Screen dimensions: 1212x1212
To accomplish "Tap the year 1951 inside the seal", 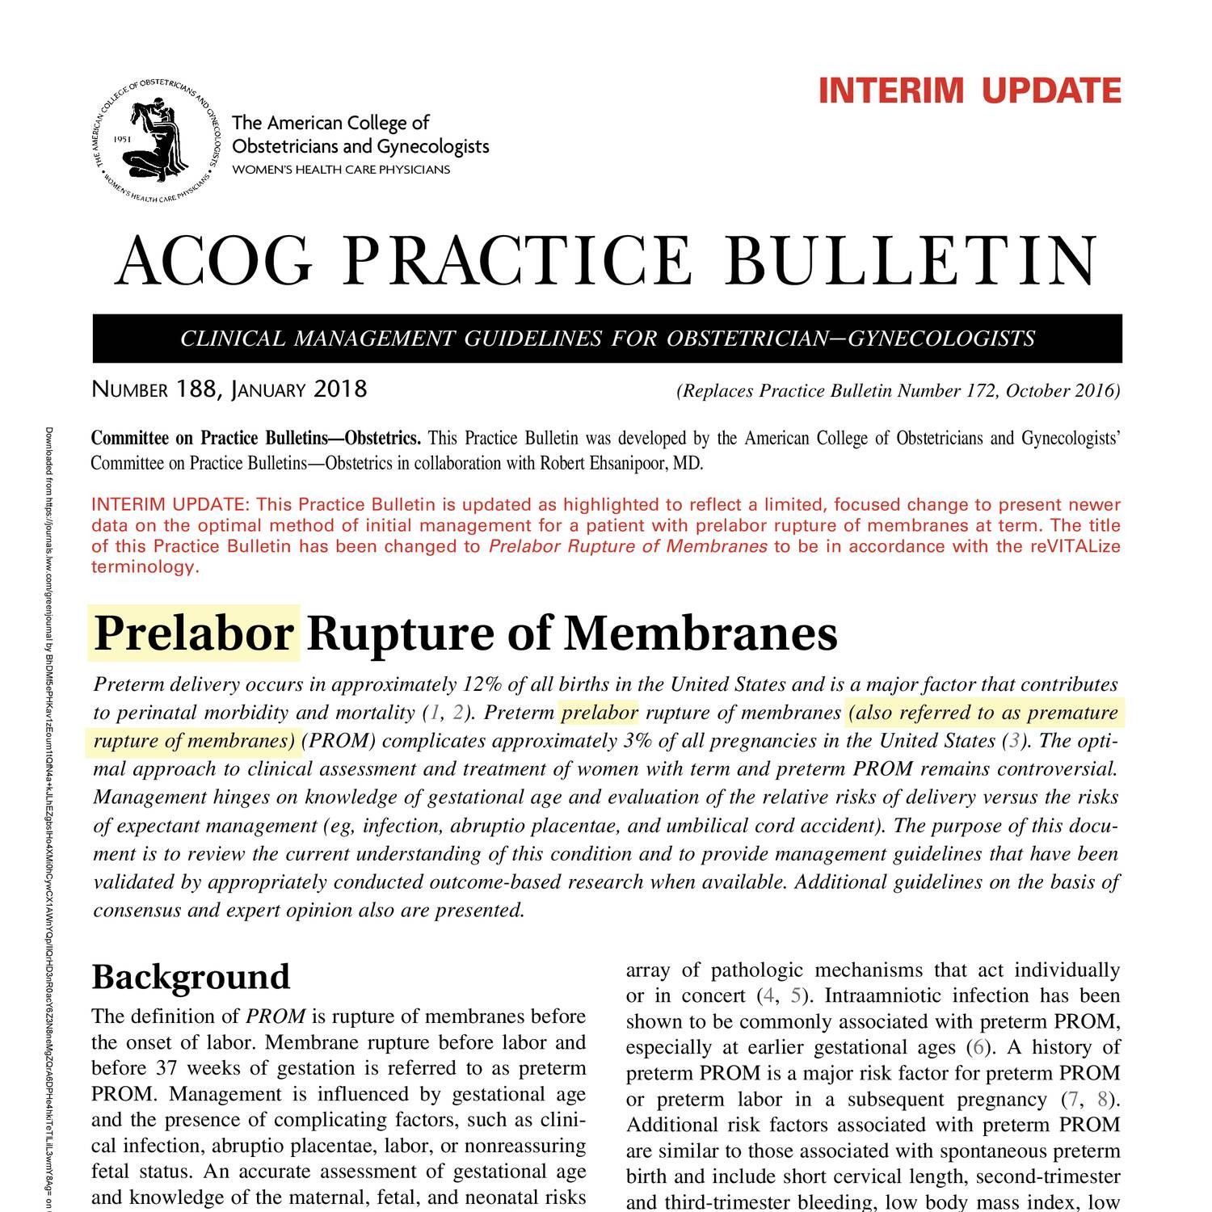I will [x=123, y=139].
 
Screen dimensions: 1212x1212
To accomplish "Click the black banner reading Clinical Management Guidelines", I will [x=608, y=338].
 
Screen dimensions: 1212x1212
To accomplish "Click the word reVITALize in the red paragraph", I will [x=1075, y=546].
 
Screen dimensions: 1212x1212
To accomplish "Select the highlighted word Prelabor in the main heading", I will [x=194, y=633].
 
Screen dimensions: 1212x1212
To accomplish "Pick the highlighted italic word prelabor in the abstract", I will [x=600, y=713].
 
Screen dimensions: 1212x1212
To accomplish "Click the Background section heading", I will [x=191, y=976].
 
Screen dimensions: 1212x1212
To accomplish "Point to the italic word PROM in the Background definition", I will [x=276, y=1016].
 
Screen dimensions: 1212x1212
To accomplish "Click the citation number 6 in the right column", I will [x=978, y=1048].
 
